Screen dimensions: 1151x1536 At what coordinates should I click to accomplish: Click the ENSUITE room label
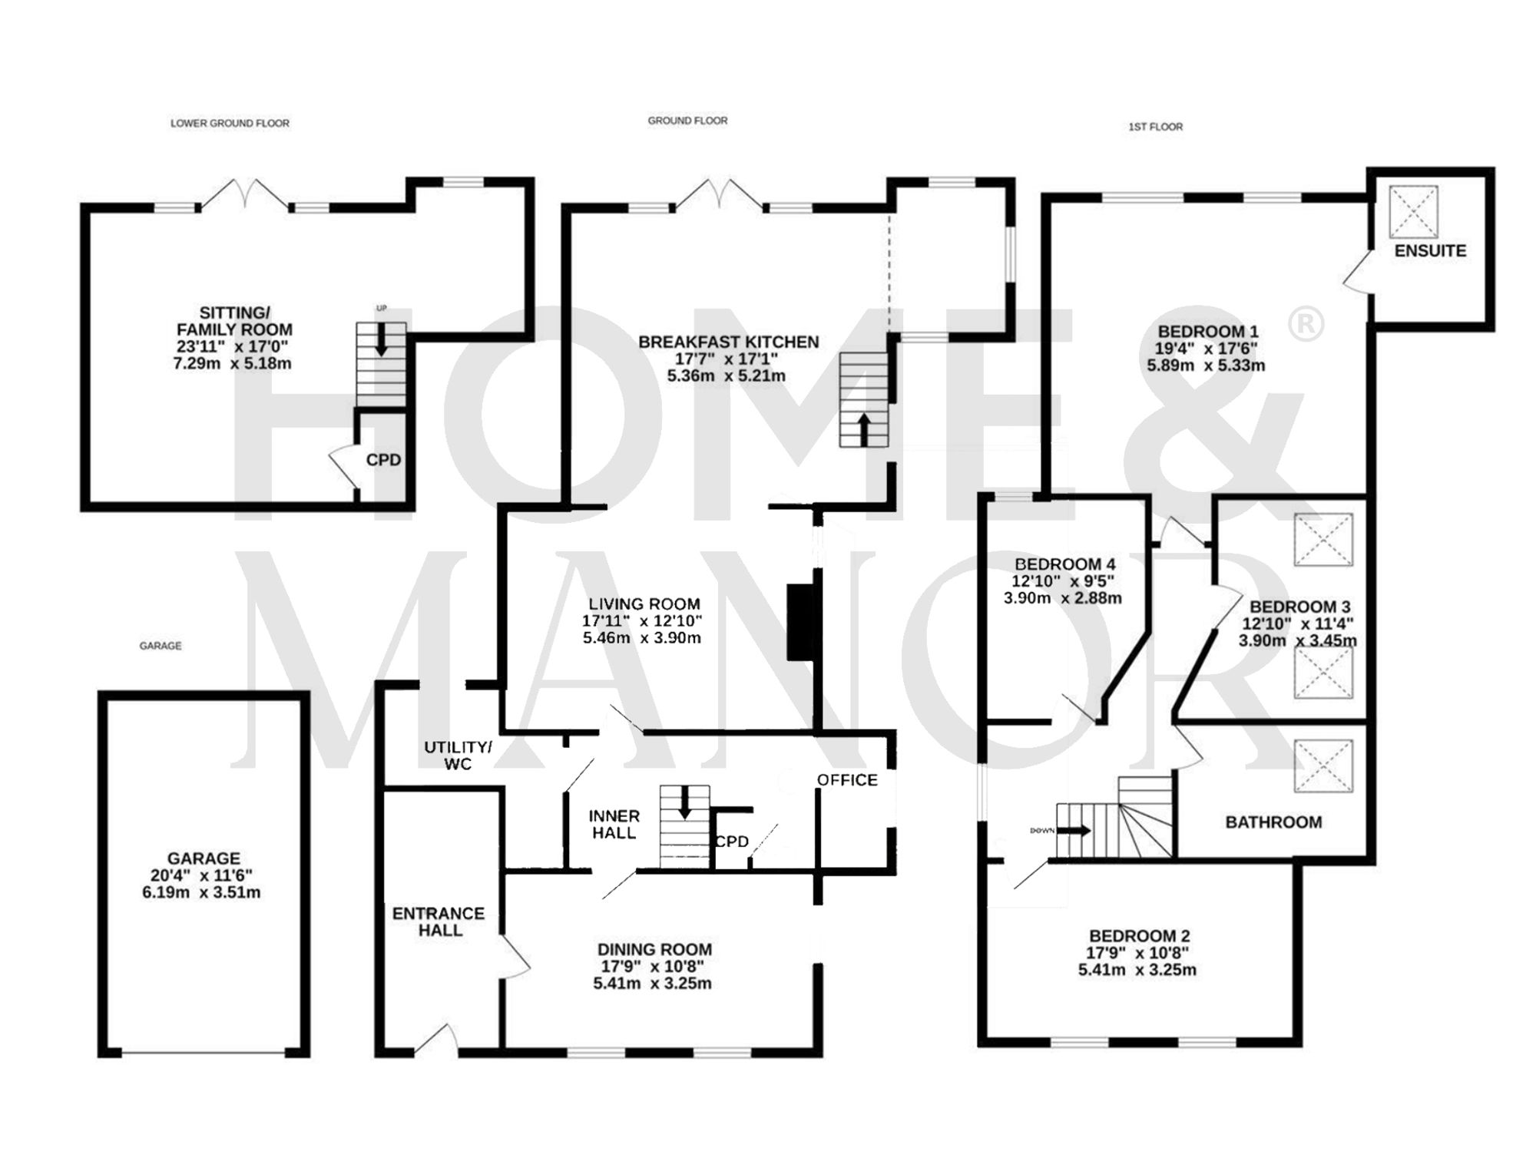click(x=1430, y=251)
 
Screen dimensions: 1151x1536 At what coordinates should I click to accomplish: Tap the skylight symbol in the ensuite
click(x=1413, y=211)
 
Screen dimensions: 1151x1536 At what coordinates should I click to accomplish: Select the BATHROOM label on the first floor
click(x=1273, y=822)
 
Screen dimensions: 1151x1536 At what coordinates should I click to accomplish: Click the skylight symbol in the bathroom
click(x=1322, y=766)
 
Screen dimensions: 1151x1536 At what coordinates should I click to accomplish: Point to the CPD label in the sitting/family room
click(x=383, y=460)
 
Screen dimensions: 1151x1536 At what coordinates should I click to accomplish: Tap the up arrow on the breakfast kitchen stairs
click(x=864, y=428)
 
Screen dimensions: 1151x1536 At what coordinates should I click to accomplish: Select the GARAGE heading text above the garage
click(x=161, y=646)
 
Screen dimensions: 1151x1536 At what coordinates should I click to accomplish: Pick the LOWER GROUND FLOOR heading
click(x=230, y=123)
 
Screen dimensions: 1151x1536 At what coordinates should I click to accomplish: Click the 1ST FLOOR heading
click(x=1155, y=127)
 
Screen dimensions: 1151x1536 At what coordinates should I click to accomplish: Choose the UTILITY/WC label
click(x=458, y=756)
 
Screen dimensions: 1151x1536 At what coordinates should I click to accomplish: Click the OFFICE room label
click(x=847, y=780)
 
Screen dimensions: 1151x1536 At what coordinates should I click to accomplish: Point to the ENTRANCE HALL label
click(x=439, y=921)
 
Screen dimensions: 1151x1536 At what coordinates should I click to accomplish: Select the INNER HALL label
click(x=614, y=824)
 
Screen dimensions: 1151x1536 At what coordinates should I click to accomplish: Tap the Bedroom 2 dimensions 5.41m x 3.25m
click(x=1137, y=970)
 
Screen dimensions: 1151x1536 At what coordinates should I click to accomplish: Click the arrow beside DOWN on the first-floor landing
click(x=1078, y=830)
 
